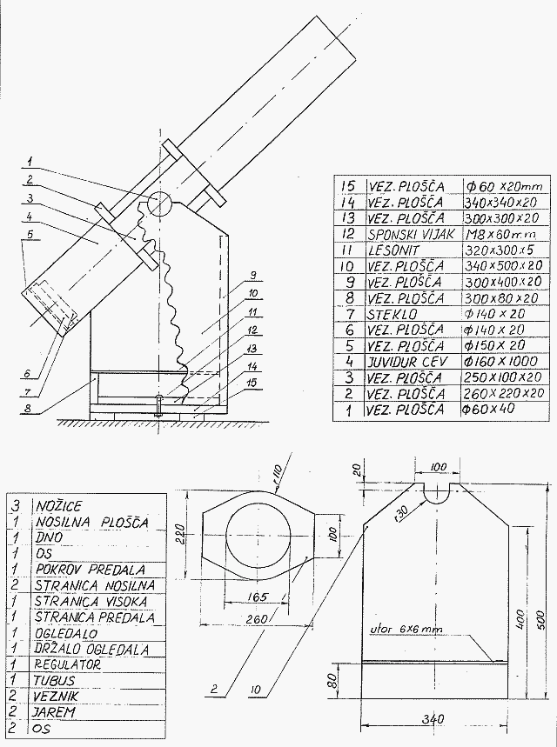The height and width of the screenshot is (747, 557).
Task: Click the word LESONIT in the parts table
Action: click(393, 250)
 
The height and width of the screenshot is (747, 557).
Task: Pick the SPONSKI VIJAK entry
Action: click(412, 234)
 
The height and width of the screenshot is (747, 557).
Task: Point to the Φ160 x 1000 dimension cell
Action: click(500, 361)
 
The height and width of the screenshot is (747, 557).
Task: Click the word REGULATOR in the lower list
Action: click(68, 664)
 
